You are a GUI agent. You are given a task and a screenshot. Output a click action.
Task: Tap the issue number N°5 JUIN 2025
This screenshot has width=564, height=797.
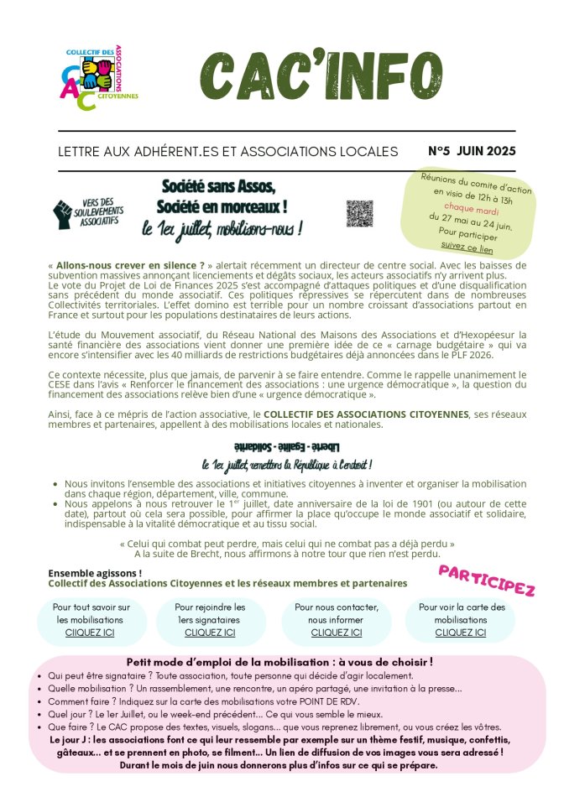click(472, 152)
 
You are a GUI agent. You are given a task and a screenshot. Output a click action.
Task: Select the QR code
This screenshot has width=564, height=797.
click(359, 213)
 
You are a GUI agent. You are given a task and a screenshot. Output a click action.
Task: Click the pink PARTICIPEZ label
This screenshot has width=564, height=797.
click(487, 579)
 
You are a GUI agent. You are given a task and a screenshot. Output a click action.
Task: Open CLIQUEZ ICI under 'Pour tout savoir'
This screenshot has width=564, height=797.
click(90, 633)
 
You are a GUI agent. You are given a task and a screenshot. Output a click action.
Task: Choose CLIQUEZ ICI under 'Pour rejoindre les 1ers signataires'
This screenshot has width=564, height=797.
click(210, 633)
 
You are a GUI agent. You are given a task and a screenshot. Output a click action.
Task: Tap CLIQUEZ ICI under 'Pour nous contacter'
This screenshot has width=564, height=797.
click(337, 633)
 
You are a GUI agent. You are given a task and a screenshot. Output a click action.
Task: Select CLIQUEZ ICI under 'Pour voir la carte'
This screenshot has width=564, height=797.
click(461, 633)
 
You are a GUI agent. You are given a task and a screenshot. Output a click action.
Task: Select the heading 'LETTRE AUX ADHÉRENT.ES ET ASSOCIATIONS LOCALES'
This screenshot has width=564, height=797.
click(227, 152)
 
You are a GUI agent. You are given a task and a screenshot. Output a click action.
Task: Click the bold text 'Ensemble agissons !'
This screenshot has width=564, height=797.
click(95, 573)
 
